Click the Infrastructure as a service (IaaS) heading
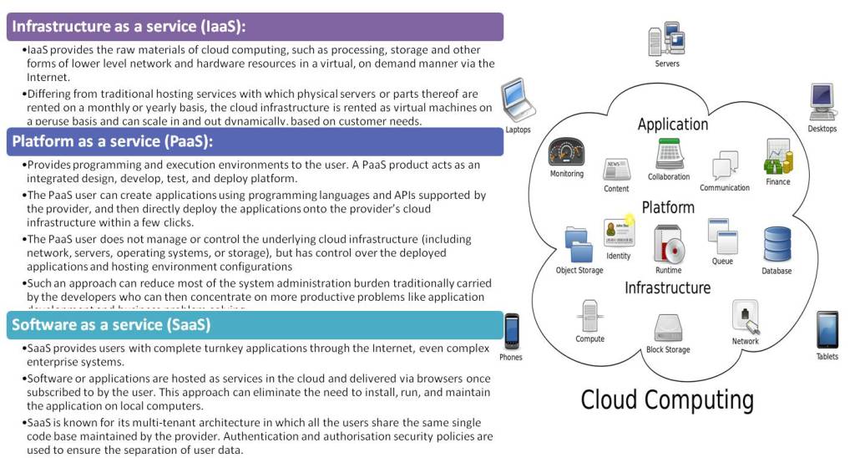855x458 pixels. tap(129, 26)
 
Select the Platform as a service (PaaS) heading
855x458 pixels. tap(113, 141)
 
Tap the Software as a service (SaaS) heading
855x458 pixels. tap(111, 324)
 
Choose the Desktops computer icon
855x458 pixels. tap(822, 102)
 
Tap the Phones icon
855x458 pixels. tap(511, 331)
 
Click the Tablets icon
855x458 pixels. tap(827, 329)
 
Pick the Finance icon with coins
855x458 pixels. tap(777, 156)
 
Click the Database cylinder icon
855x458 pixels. tap(777, 244)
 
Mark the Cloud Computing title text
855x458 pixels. tap(667, 399)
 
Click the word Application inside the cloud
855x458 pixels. tap(672, 124)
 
